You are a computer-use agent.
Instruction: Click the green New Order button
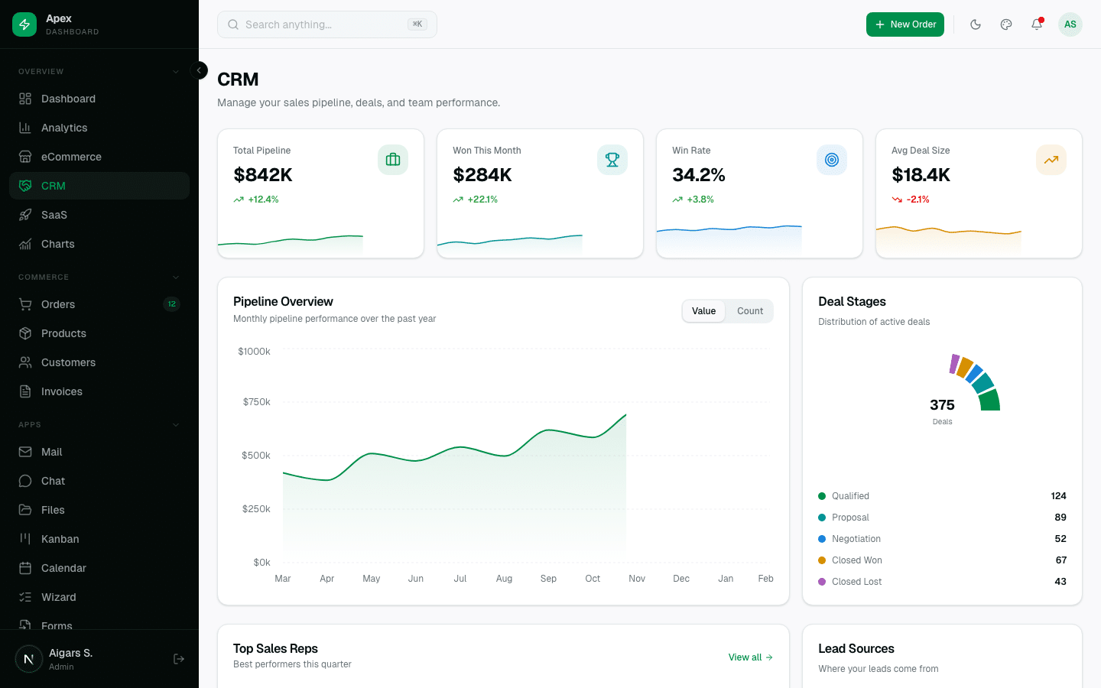(x=905, y=24)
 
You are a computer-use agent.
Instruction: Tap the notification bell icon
(x=1037, y=24)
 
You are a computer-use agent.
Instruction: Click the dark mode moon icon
(x=976, y=24)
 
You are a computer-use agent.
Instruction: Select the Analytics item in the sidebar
(x=64, y=128)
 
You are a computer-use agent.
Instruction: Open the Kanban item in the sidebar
(x=60, y=539)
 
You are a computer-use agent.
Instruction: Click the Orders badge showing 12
(x=171, y=304)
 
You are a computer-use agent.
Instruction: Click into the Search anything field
(x=321, y=24)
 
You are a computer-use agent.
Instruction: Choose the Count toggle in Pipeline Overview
(x=749, y=311)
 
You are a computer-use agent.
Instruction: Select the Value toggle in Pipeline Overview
(x=703, y=311)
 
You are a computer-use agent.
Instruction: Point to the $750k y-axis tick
(x=256, y=402)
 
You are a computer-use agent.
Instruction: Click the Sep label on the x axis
(x=548, y=579)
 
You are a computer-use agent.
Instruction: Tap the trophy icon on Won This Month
(x=612, y=160)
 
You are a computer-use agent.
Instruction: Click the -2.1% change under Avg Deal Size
(x=917, y=200)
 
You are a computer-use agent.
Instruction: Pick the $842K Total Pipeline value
(x=263, y=175)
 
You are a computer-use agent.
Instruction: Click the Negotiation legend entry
(x=856, y=539)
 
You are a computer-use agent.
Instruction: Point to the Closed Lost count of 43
(x=1060, y=582)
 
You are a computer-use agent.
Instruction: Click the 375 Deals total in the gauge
(x=942, y=406)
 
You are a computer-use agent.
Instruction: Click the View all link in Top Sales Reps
(x=750, y=657)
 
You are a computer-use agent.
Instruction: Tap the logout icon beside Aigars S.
(x=179, y=659)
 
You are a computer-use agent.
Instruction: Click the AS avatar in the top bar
(x=1070, y=24)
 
